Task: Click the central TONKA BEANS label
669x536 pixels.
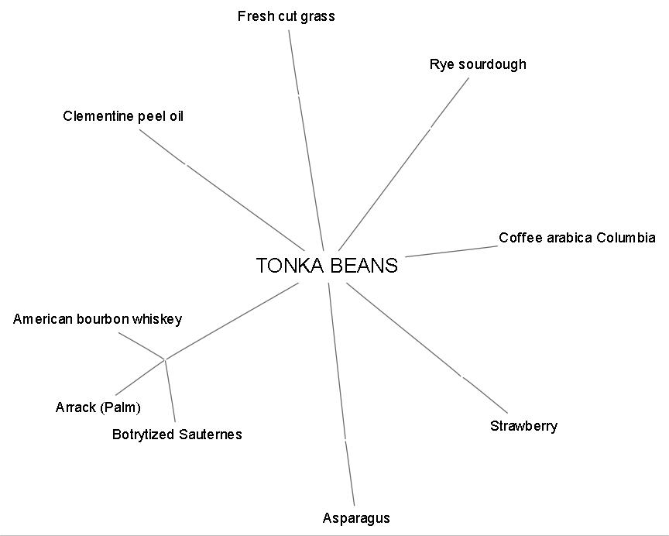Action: point(327,266)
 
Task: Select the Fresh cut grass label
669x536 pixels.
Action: point(286,16)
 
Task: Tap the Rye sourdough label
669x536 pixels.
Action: point(477,64)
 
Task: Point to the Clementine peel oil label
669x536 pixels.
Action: point(123,116)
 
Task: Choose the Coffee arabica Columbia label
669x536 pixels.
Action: point(576,238)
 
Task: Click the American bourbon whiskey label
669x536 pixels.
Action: point(98,319)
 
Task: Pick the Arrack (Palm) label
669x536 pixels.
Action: point(98,407)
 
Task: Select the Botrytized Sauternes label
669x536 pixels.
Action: point(177,435)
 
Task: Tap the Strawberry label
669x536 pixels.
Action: point(523,426)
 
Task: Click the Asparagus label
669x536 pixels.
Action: point(356,518)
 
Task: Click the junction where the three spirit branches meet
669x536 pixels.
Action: point(165,359)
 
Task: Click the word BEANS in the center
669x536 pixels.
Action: point(363,266)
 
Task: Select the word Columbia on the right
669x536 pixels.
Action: point(628,238)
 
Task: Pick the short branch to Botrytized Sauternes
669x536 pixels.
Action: point(170,390)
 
